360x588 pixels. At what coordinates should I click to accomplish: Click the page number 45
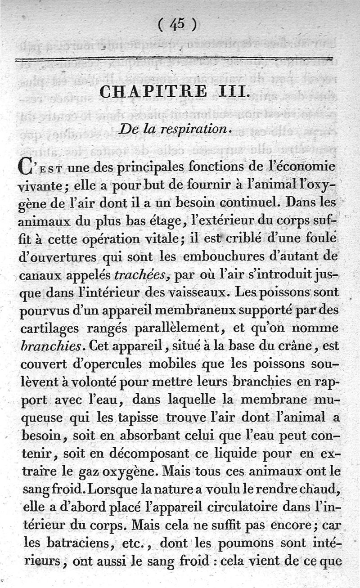click(x=176, y=24)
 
